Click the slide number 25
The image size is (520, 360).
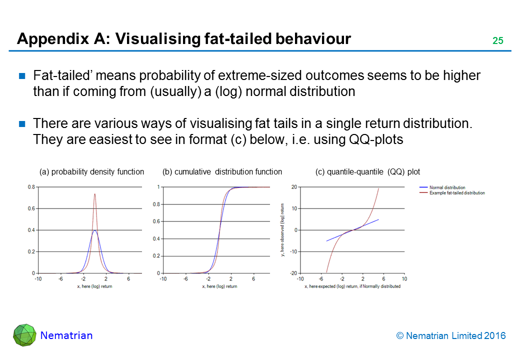pos(497,41)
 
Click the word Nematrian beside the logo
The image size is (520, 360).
pos(66,335)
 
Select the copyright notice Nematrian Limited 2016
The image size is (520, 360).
pos(451,336)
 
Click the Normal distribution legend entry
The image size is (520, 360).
pos(447,188)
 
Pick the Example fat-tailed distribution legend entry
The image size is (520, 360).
pos(456,193)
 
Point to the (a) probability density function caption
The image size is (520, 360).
pos(91,172)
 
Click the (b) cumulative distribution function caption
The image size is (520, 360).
pos(222,172)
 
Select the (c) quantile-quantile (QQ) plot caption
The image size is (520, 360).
pos(367,172)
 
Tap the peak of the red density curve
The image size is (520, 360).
pos(94,194)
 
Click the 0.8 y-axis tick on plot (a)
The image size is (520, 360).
pos(31,187)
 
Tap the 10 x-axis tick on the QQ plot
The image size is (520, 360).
pos(403,279)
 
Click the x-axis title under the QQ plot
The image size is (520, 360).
pos(352,286)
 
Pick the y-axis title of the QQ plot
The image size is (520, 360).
pos(283,230)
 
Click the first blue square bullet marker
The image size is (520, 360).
pos(22,76)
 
